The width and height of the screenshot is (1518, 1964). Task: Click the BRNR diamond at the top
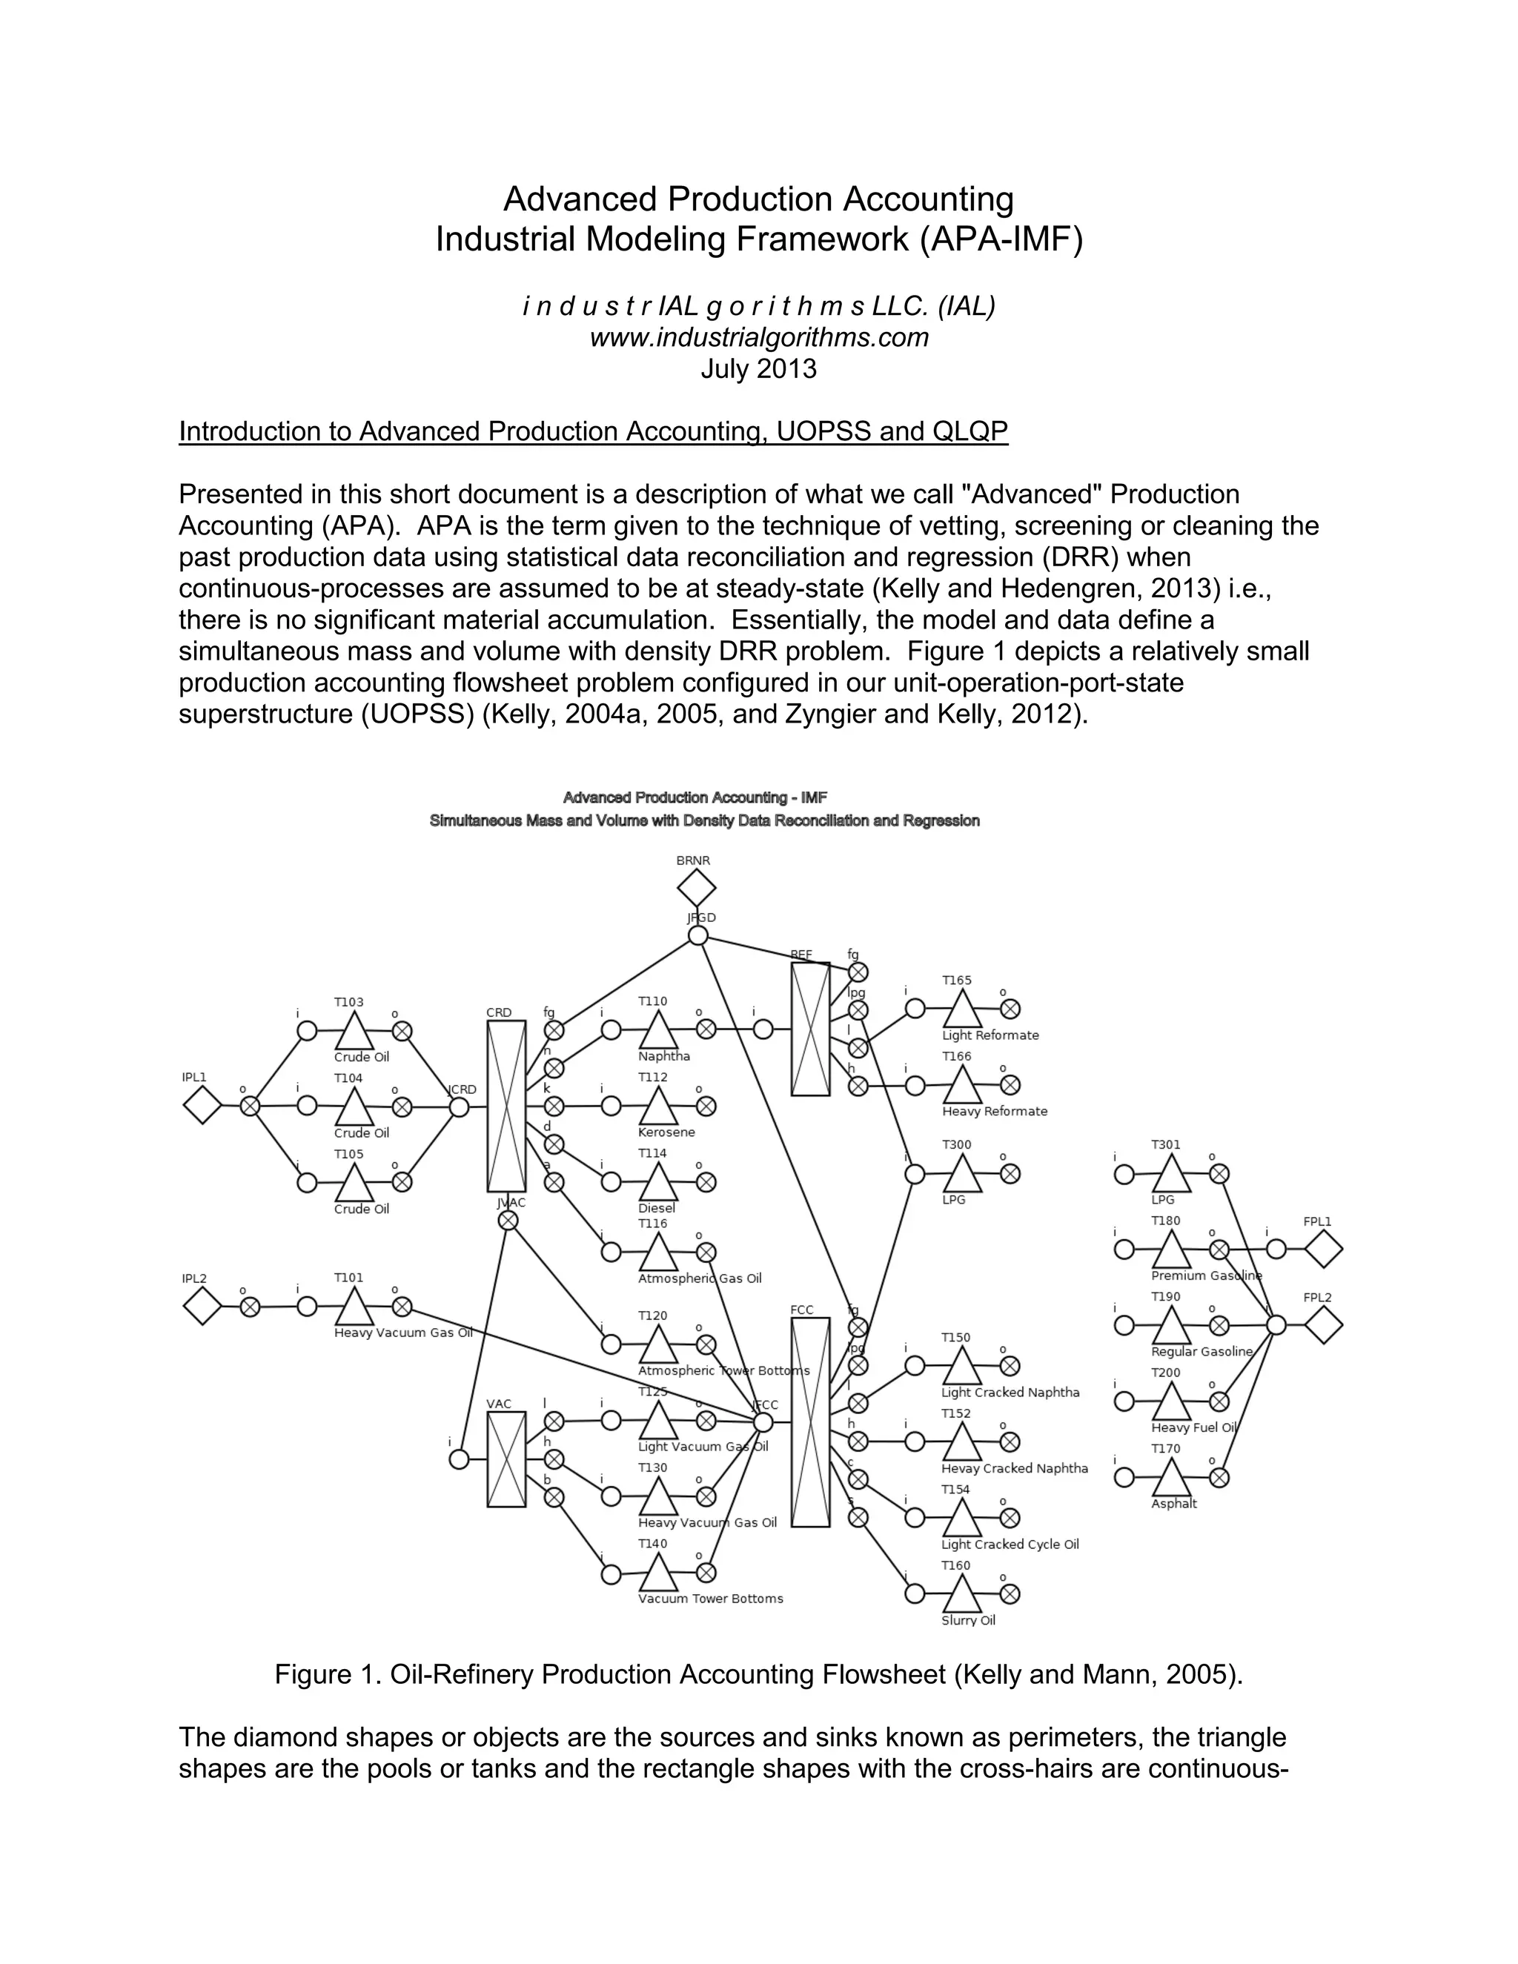click(696, 889)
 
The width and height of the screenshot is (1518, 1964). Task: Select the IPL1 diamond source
click(202, 1105)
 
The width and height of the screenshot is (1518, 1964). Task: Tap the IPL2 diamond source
click(202, 1306)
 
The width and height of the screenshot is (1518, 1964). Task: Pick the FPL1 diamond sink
click(1323, 1249)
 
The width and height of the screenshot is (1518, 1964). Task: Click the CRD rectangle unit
click(506, 1106)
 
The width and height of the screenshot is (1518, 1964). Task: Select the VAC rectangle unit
click(506, 1459)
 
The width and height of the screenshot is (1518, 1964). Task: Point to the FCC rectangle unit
click(810, 1421)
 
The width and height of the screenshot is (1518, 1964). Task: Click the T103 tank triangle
click(354, 1032)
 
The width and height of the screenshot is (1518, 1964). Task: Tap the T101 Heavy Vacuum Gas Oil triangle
click(354, 1307)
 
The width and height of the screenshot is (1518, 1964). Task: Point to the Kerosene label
click(666, 1132)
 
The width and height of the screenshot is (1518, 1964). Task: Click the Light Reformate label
click(990, 1035)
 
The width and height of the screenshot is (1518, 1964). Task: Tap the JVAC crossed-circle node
click(508, 1221)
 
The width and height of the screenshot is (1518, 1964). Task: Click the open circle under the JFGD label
click(697, 935)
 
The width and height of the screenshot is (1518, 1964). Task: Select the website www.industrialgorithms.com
click(759, 337)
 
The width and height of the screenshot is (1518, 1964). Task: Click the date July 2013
click(759, 368)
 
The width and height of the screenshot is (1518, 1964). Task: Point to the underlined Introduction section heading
click(594, 431)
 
